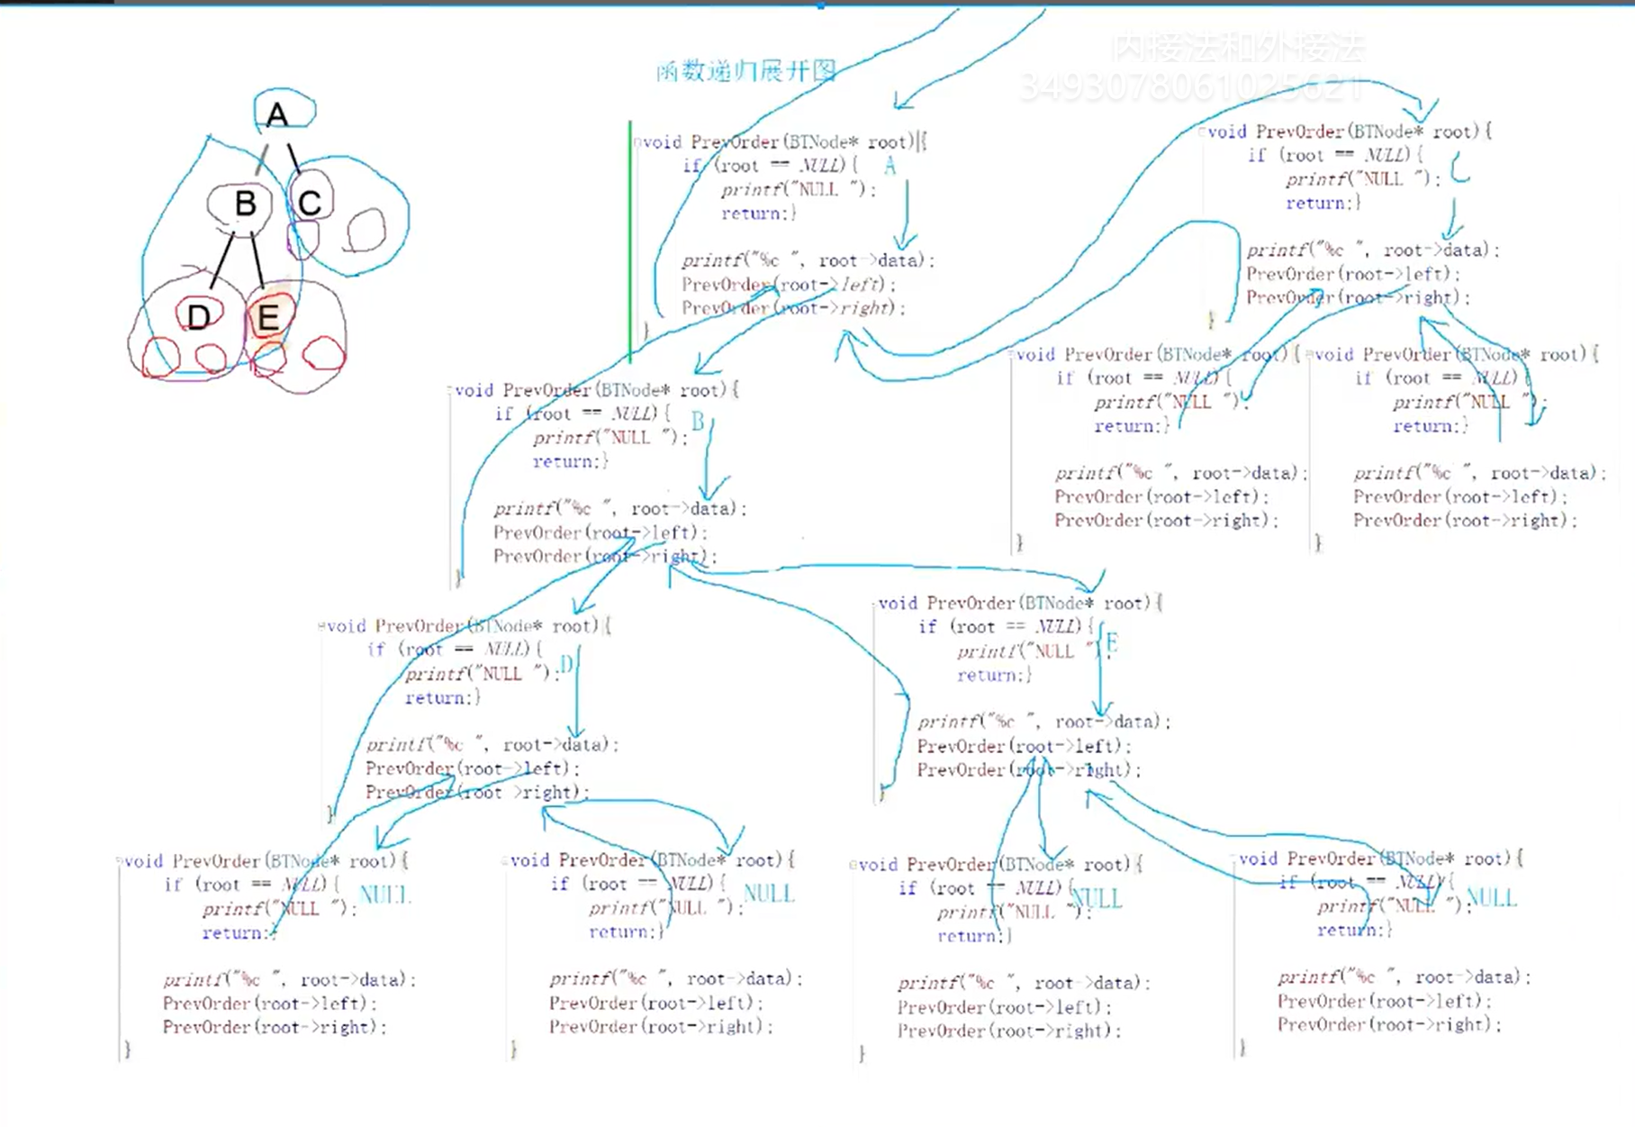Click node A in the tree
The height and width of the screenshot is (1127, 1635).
pos(277,114)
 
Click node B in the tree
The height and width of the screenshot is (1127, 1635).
pos(244,204)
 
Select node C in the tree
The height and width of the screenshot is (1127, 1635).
pos(310,203)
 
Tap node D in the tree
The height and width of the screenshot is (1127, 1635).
pos(198,316)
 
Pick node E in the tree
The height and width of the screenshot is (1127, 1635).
pos(267,317)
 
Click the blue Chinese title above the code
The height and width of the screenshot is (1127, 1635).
pos(746,70)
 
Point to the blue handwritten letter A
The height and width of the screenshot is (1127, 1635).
pos(890,165)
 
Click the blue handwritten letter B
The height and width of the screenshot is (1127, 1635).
pos(698,422)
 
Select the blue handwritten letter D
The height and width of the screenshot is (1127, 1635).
pos(566,665)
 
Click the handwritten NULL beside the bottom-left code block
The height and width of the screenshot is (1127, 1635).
pos(384,895)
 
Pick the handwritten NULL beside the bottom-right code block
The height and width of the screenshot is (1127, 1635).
pos(1492,897)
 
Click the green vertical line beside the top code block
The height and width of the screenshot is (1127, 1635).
pos(630,243)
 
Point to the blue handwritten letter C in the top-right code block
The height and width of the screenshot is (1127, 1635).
pos(1459,168)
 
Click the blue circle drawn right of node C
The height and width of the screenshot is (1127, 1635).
pos(366,230)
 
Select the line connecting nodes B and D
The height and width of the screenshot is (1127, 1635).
pos(221,259)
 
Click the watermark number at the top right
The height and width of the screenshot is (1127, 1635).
pos(1192,87)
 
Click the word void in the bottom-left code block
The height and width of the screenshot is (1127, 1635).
pos(144,861)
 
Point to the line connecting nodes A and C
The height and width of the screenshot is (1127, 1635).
pos(294,159)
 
